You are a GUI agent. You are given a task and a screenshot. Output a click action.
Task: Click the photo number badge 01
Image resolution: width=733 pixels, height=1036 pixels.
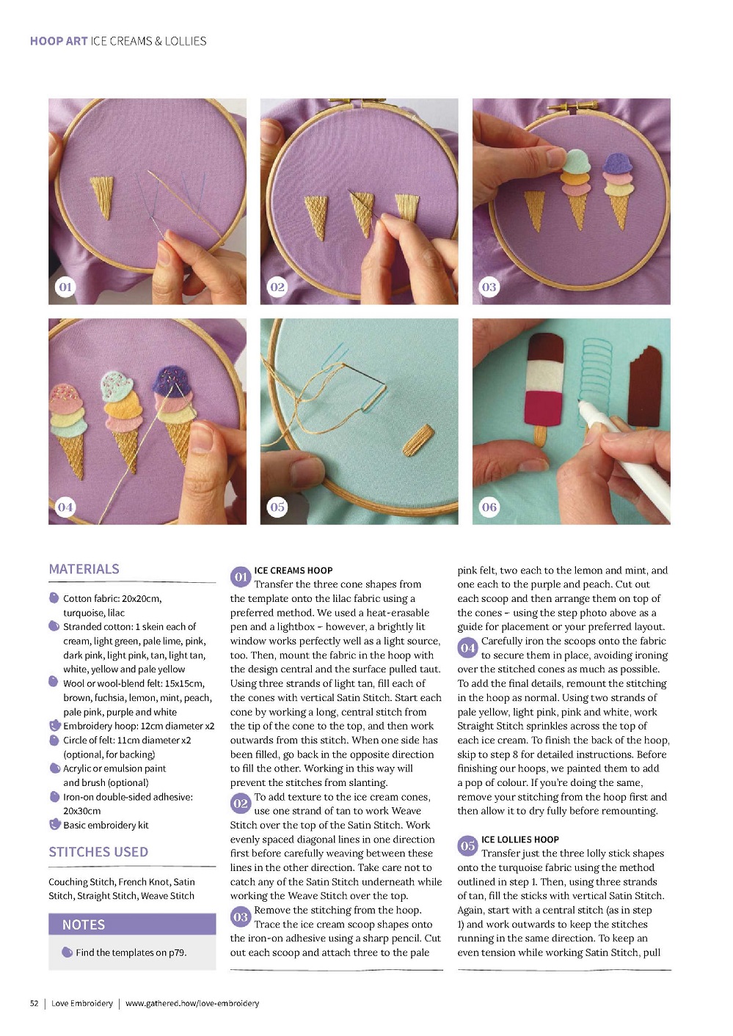pyautogui.click(x=65, y=287)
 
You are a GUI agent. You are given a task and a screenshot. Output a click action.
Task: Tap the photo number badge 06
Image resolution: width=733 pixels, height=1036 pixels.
pyautogui.click(x=489, y=507)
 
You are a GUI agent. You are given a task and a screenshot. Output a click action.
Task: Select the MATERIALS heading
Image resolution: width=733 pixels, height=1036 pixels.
pyautogui.click(x=84, y=569)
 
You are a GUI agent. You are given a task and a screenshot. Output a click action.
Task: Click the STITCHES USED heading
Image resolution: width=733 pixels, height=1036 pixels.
pyautogui.click(x=98, y=852)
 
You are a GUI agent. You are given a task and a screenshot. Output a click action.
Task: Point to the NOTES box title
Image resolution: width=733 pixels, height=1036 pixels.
pyautogui.click(x=84, y=925)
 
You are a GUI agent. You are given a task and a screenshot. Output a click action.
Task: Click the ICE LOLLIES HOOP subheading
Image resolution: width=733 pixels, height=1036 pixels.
pyautogui.click(x=519, y=840)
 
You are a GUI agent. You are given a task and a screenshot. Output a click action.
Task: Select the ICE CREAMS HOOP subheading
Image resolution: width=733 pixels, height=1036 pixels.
pyautogui.click(x=293, y=570)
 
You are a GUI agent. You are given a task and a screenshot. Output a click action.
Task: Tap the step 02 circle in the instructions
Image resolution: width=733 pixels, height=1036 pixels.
pyautogui.click(x=241, y=804)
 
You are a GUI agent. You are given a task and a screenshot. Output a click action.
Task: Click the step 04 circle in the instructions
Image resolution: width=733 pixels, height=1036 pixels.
pyautogui.click(x=468, y=648)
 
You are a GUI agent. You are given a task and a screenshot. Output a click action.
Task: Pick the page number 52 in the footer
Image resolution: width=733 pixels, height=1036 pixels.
pyautogui.click(x=34, y=1003)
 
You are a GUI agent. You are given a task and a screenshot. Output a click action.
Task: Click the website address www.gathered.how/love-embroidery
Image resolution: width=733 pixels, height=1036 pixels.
pyautogui.click(x=192, y=1003)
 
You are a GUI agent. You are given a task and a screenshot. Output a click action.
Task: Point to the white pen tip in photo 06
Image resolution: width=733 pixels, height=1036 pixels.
pyautogui.click(x=580, y=402)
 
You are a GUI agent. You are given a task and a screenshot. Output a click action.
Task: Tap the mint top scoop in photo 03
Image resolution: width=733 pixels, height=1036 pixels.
pyautogui.click(x=576, y=161)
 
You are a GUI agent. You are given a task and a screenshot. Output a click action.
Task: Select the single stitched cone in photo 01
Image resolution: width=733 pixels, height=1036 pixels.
pyautogui.click(x=102, y=196)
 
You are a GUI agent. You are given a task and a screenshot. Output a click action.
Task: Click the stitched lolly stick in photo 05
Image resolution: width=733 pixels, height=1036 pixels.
pyautogui.click(x=418, y=441)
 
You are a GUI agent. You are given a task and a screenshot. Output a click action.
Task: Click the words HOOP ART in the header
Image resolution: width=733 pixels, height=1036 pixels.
pyautogui.click(x=59, y=41)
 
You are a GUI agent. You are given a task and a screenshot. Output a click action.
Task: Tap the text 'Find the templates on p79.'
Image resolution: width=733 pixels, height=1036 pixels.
pyautogui.click(x=131, y=952)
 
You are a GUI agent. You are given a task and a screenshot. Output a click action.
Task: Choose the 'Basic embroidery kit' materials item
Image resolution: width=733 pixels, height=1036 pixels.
pyautogui.click(x=106, y=825)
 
